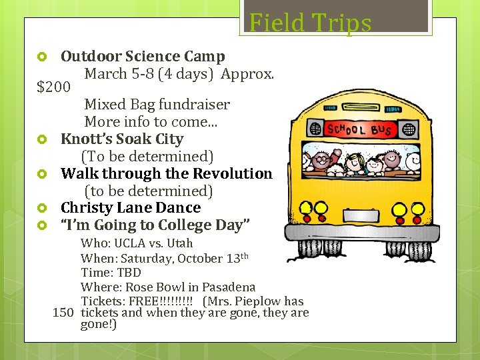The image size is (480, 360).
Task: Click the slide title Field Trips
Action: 310,23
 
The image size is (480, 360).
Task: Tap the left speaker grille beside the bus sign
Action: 314,129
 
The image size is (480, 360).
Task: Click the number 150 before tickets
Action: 63,313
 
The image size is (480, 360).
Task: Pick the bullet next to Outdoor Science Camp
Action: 41,57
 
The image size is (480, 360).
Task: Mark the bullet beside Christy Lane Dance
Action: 41,209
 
